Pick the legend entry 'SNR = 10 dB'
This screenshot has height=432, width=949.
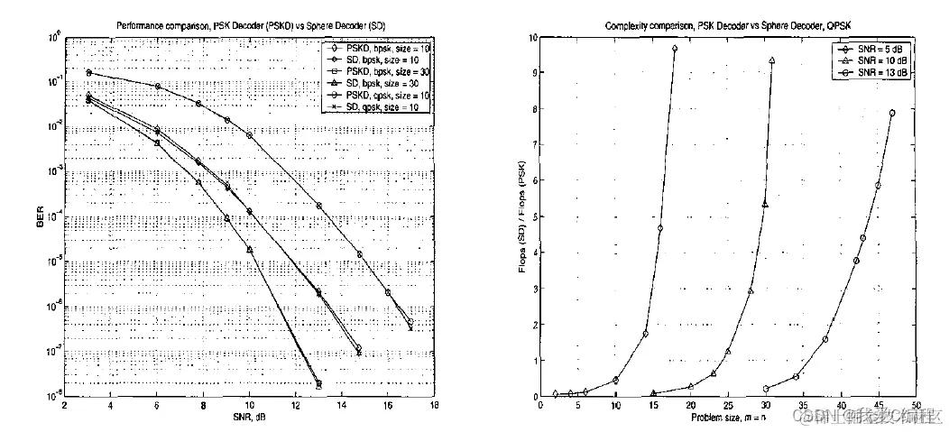click(880, 60)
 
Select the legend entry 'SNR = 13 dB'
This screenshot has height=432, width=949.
click(880, 70)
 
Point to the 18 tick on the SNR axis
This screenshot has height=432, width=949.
click(435, 408)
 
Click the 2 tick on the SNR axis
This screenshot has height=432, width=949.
click(64, 408)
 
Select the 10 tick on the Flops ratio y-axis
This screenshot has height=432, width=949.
click(531, 38)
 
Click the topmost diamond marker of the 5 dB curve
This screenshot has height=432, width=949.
click(675, 49)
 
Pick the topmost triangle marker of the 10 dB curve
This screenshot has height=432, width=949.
click(771, 60)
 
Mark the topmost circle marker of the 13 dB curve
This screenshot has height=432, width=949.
click(892, 114)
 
